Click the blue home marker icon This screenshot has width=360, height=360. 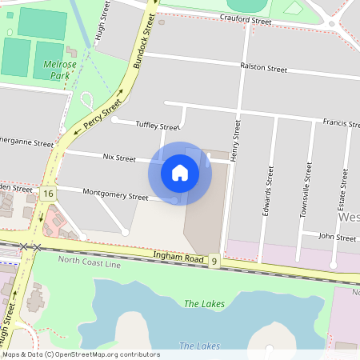(180, 172)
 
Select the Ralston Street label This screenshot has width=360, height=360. (263, 69)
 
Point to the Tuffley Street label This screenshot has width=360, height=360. (158, 126)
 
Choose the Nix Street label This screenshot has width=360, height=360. (119, 158)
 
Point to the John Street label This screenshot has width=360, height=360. (337, 238)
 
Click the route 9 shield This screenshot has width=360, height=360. (214, 261)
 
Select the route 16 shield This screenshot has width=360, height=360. (49, 194)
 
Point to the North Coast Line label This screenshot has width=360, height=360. (90, 262)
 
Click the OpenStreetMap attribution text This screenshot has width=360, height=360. (80, 354)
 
